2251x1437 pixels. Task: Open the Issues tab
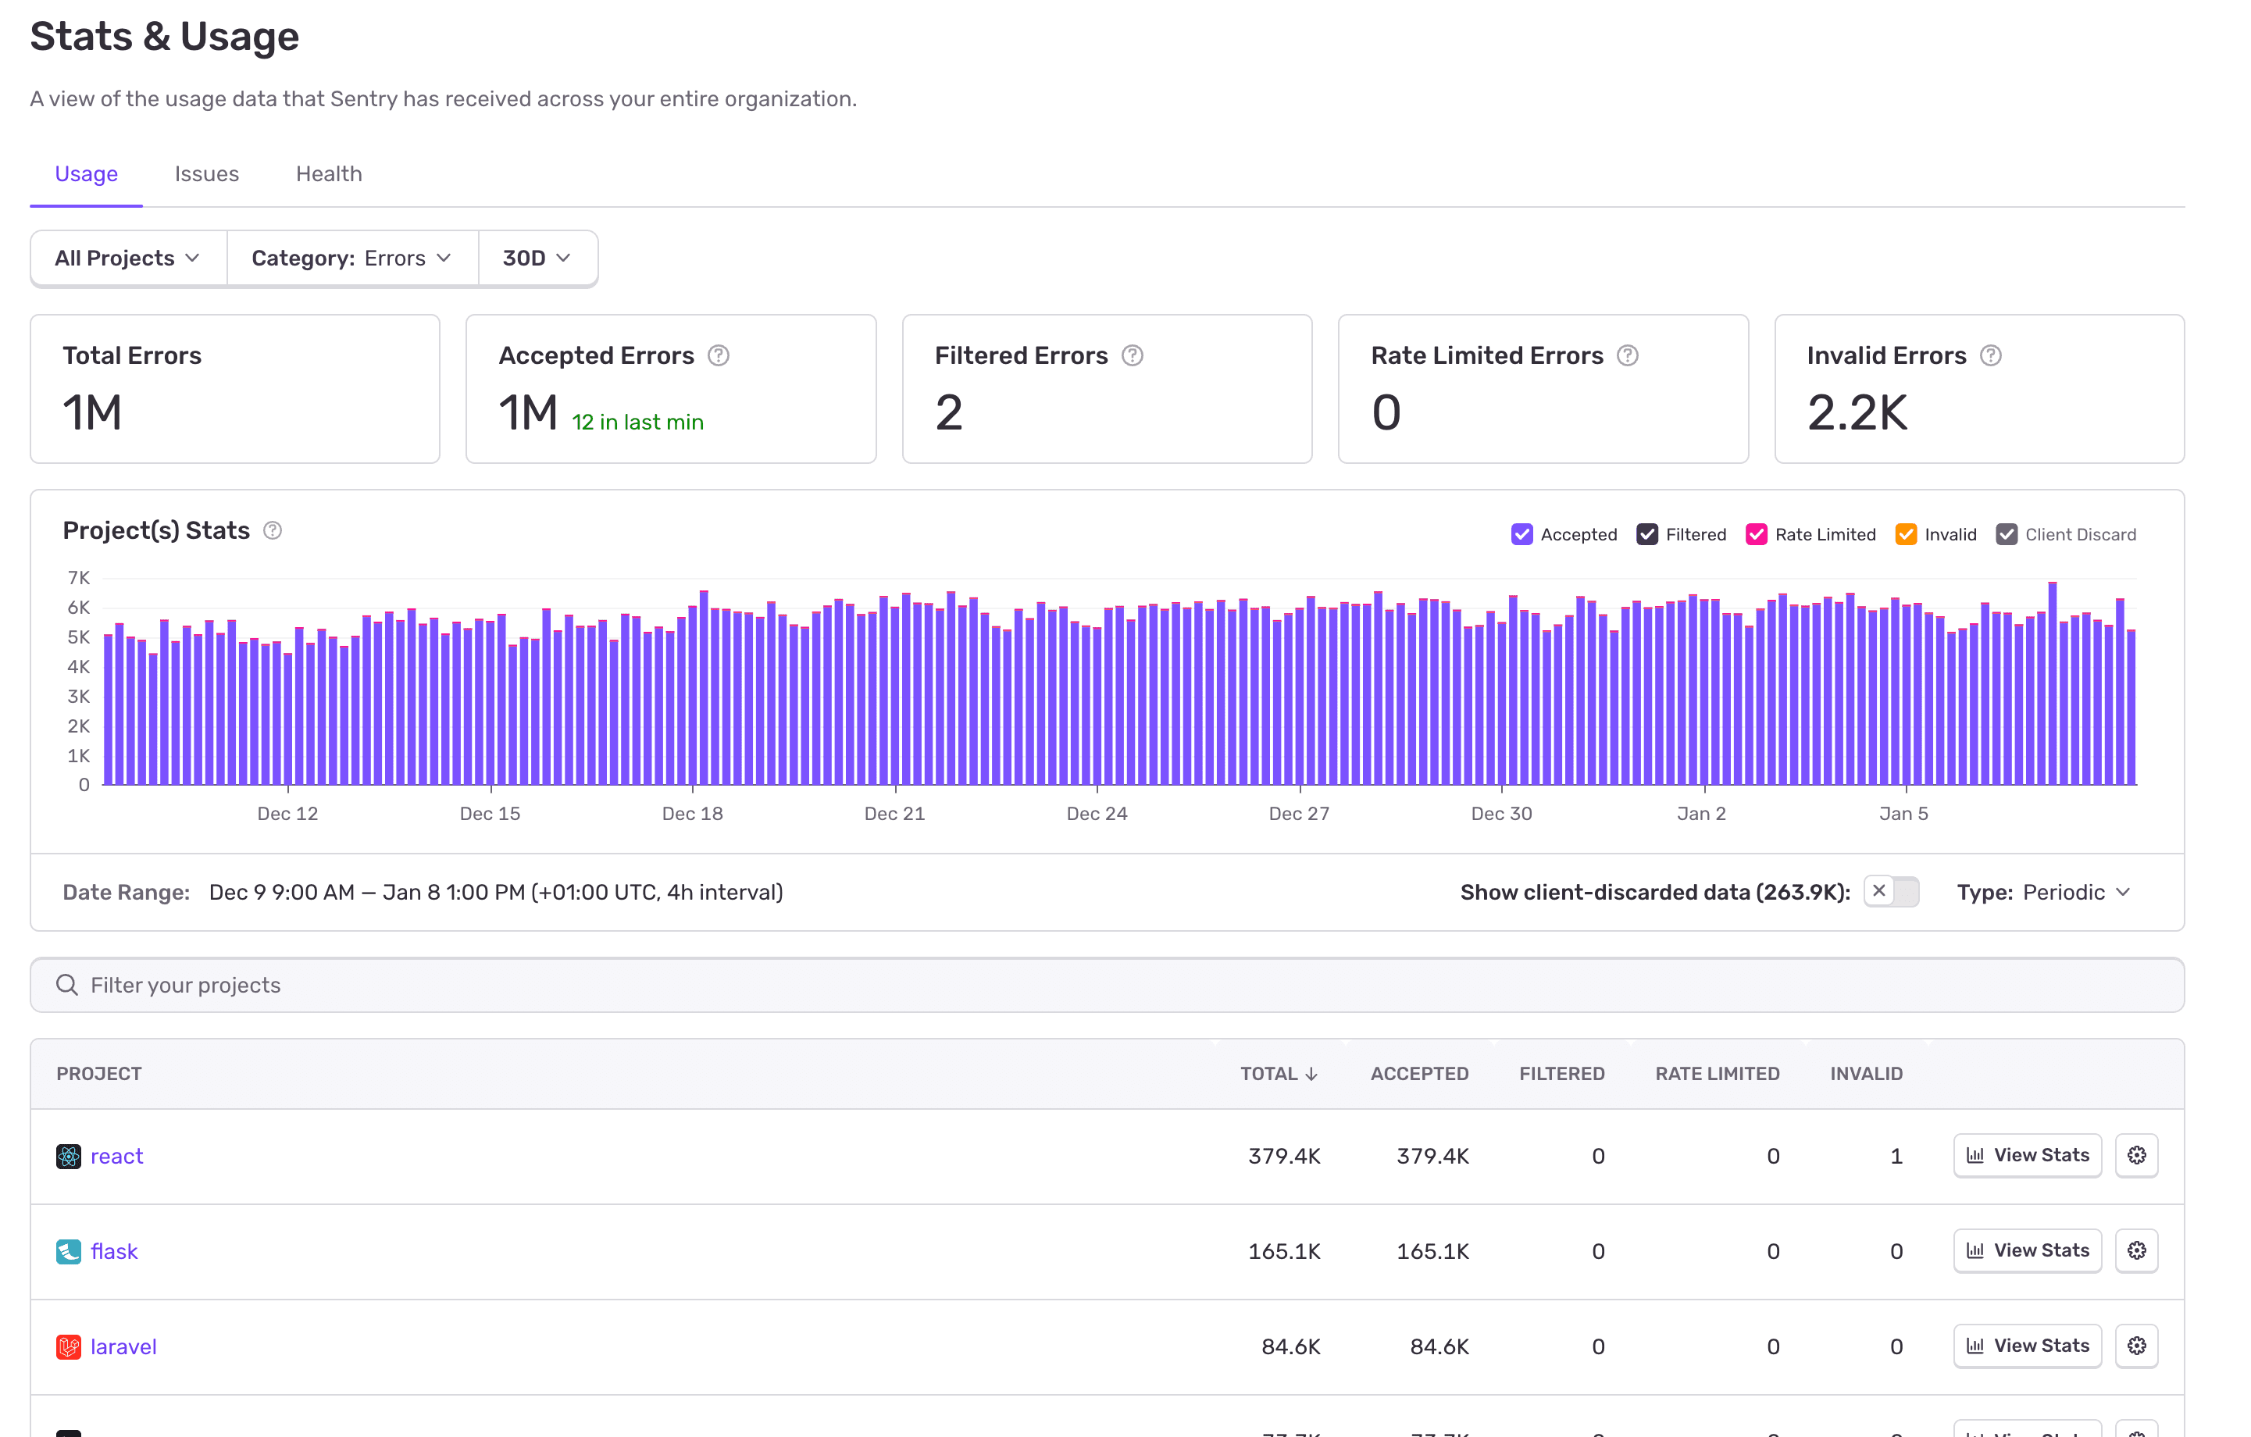[207, 174]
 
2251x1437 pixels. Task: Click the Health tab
[328, 174]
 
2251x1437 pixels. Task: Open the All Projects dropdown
[127, 258]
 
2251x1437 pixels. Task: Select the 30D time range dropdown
[536, 258]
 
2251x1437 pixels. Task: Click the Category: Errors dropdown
[351, 258]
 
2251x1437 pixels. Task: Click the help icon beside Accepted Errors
[718, 355]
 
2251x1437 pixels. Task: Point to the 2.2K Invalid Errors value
[1857, 412]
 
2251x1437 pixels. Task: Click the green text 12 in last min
[637, 422]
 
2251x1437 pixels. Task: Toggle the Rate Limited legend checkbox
[1756, 534]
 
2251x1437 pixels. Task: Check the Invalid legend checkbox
[1905, 534]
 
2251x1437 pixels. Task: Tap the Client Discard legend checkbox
[2006, 534]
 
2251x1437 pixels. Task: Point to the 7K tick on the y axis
[79, 578]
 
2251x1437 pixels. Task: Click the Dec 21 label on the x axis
[894, 814]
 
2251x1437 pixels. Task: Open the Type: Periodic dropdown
[2043, 892]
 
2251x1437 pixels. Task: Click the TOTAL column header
[1278, 1073]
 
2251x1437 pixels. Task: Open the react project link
[117, 1156]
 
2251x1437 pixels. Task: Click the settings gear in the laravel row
[2136, 1346]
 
